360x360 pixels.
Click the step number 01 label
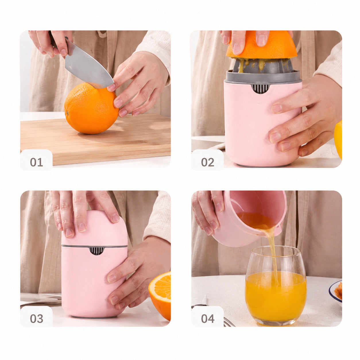click(x=36, y=162)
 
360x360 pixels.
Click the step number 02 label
click(x=208, y=162)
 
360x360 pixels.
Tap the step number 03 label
click(x=36, y=319)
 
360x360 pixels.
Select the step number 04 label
click(x=208, y=319)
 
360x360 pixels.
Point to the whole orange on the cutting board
click(x=91, y=108)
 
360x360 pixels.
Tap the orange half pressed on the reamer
click(x=262, y=45)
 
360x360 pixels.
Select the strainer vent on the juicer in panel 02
click(x=260, y=88)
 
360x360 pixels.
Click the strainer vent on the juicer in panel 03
click(x=96, y=251)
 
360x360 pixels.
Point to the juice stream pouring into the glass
click(x=273, y=256)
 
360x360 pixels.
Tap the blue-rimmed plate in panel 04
click(x=336, y=291)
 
